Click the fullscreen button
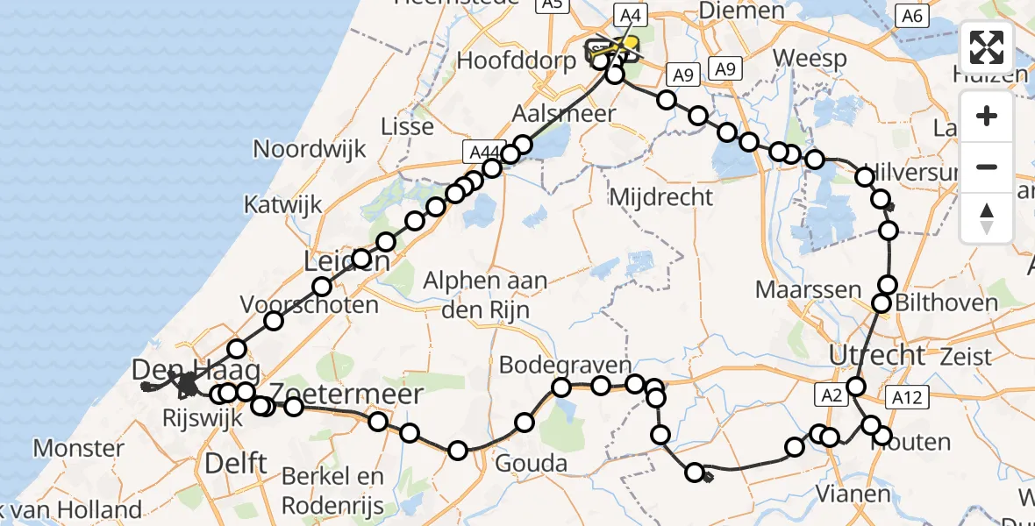click(987, 48)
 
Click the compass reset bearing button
click(987, 218)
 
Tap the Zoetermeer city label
click(346, 394)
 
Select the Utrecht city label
click(877, 355)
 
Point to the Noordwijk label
click(308, 149)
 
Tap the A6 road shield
click(912, 15)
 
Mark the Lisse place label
click(407, 126)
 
